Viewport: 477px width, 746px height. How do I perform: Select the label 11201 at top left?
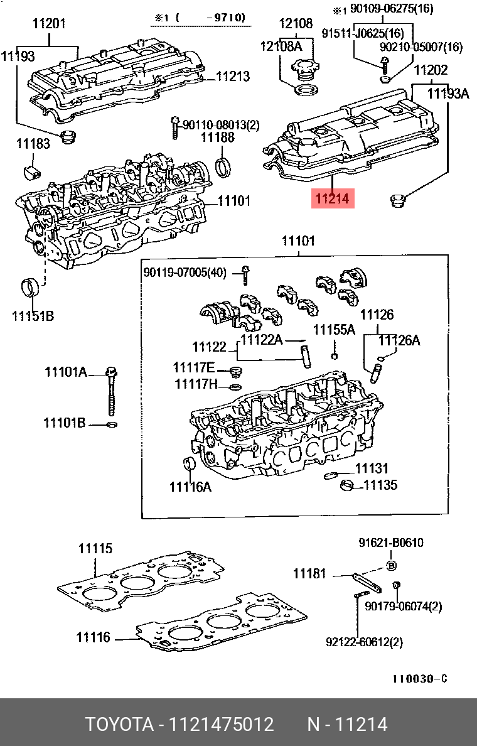point(48,24)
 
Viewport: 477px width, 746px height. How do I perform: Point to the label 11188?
point(217,137)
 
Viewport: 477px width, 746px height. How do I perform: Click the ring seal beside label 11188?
point(222,167)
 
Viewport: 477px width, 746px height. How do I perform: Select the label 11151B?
point(33,316)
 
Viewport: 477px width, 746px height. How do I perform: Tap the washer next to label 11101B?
point(112,425)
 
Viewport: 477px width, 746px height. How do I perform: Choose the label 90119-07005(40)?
point(185,272)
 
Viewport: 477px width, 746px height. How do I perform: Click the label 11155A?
point(334,330)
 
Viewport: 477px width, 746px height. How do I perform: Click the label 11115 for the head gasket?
point(95,548)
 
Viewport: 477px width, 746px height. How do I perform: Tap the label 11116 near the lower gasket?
point(94,637)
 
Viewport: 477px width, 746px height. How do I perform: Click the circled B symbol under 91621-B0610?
point(391,566)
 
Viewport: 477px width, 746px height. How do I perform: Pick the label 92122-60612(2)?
point(364,642)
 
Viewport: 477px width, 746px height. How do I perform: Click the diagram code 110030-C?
point(419,679)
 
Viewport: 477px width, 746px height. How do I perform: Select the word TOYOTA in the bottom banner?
point(119,725)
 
